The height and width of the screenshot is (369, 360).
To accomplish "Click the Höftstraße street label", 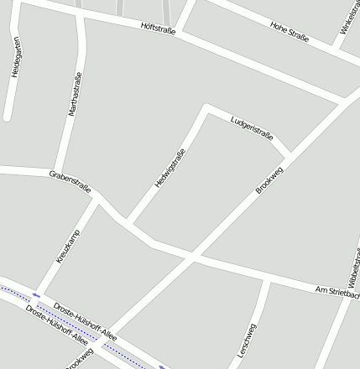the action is tap(159, 30).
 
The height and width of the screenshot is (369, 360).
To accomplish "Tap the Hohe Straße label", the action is tap(290, 32).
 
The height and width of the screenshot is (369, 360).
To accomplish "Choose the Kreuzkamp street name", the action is tap(68, 246).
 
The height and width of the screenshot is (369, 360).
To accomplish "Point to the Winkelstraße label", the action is tap(349, 18).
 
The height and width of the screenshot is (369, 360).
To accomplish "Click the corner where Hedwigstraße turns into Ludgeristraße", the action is tap(206, 107).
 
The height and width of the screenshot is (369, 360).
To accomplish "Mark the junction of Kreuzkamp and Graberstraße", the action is tap(97, 199).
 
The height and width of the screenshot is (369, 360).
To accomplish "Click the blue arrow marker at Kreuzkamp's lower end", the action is tap(37, 294).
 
